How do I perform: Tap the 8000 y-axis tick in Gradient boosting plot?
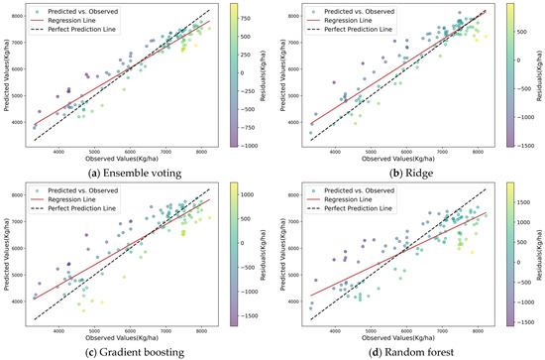[23, 195]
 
